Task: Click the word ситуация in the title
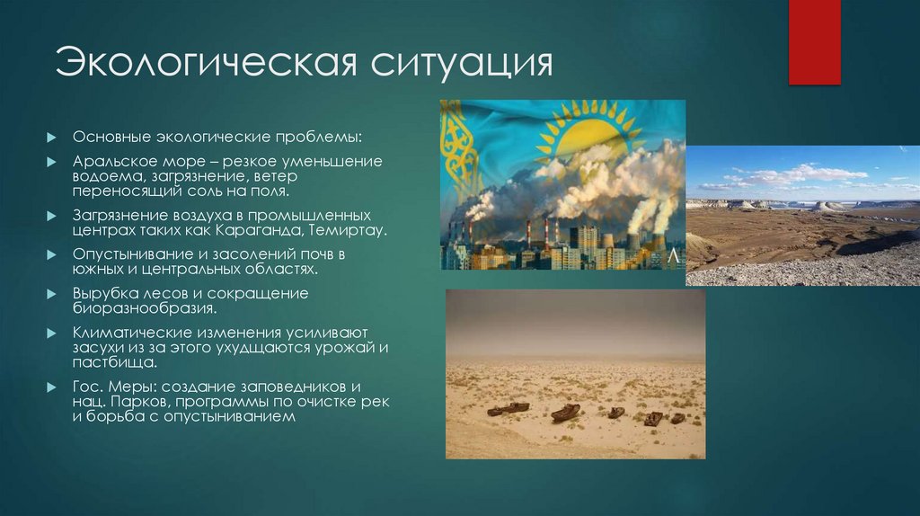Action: tap(456, 65)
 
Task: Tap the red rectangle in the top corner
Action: tap(814, 42)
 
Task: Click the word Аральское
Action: tap(116, 161)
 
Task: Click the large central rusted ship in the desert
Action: tap(566, 413)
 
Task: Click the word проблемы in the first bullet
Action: tap(319, 137)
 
